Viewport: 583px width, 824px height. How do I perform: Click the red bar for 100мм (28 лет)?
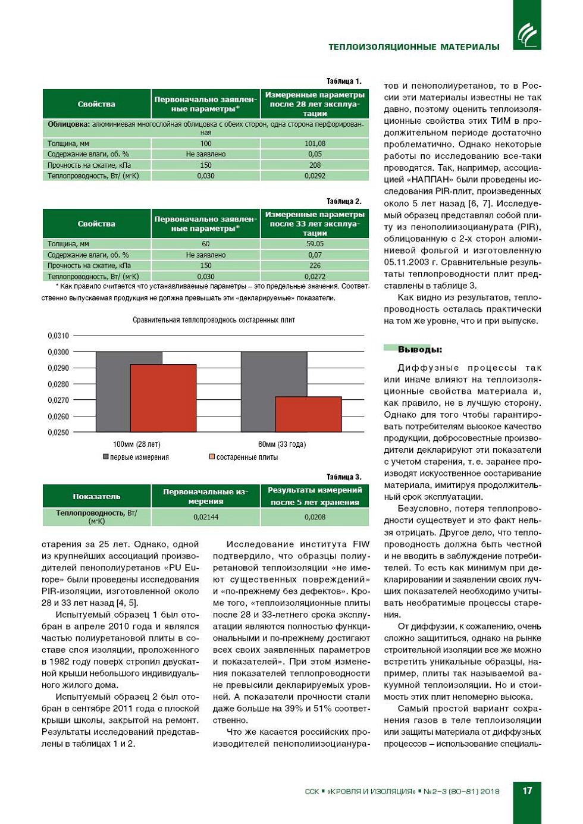tap(163, 398)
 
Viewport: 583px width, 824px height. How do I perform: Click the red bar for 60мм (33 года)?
tap(308, 414)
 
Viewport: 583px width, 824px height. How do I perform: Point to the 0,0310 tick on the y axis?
tap(58, 336)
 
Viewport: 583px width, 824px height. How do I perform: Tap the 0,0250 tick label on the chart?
tap(58, 433)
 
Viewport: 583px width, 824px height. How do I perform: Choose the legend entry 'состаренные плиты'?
tap(243, 458)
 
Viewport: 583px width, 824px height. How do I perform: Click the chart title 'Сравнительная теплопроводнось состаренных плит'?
tap(214, 320)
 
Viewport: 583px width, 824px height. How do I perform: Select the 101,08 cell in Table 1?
tap(315, 143)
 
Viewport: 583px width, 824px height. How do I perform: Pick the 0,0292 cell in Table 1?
tap(315, 176)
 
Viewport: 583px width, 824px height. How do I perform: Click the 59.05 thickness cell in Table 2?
tap(315, 244)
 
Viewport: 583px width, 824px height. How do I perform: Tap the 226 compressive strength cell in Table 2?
tap(315, 266)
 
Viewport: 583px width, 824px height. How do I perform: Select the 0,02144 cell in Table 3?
tap(206, 517)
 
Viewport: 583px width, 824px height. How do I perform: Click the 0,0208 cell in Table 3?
tap(315, 517)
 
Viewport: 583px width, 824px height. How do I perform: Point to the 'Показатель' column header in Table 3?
tap(96, 496)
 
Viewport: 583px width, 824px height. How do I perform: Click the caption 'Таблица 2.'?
tap(344, 201)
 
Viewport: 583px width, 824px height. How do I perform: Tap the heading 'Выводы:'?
tap(420, 350)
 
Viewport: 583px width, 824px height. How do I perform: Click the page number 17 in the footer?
tap(527, 791)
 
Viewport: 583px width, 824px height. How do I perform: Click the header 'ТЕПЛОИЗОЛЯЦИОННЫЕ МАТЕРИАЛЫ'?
tap(414, 47)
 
